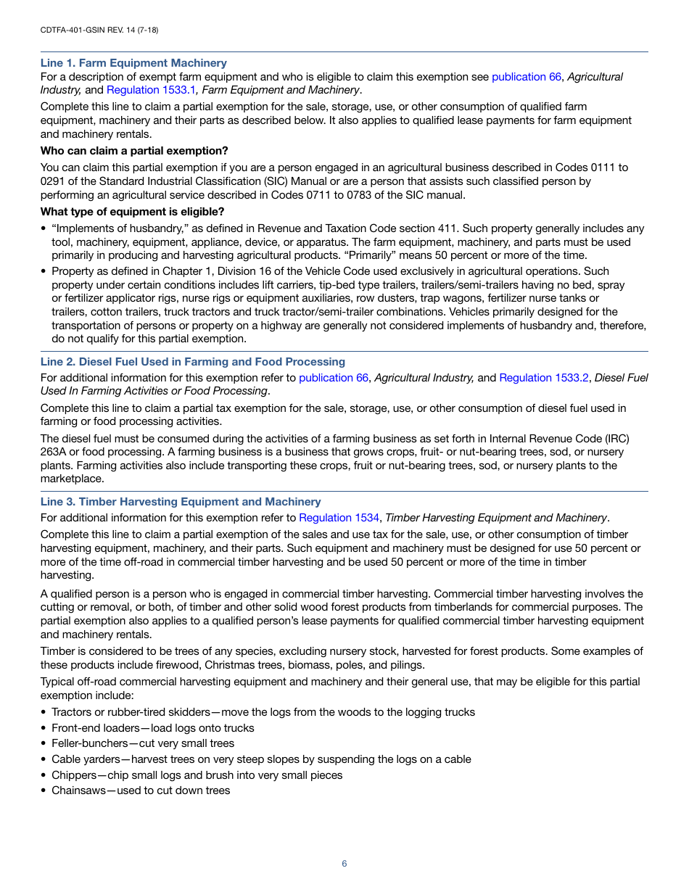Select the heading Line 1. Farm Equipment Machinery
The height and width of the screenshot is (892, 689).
[x=133, y=63]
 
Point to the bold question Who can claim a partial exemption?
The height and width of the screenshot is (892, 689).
[x=134, y=151]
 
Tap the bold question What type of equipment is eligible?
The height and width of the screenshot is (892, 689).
[x=132, y=212]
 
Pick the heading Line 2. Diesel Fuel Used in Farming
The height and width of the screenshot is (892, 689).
[x=192, y=362]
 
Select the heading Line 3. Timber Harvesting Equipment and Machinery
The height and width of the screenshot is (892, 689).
[x=181, y=502]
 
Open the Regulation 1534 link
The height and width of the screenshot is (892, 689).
[x=339, y=518]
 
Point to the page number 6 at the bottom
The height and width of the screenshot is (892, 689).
[x=344, y=864]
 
